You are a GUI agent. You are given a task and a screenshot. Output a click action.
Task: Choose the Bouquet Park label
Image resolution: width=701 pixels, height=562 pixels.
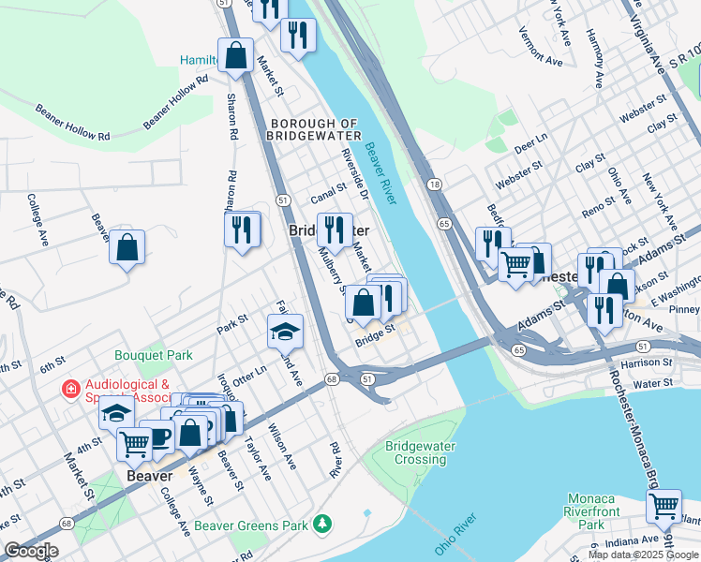154,355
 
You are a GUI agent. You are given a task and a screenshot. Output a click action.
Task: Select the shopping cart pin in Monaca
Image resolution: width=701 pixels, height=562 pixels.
664,506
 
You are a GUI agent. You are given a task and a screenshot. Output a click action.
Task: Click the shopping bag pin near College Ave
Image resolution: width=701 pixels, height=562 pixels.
127,248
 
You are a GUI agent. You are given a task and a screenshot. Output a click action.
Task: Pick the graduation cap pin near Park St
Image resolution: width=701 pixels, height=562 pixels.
286,331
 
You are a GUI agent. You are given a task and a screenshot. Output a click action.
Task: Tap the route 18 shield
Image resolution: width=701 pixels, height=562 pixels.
435,185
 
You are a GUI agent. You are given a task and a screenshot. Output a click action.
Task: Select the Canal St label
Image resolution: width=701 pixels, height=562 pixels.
329,194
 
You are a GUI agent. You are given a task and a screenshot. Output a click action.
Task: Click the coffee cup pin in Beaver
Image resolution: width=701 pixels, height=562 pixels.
159,436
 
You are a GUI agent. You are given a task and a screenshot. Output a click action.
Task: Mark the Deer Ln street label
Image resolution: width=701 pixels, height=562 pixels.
530,144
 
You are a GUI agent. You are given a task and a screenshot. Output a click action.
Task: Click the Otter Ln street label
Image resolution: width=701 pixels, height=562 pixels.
248,372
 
